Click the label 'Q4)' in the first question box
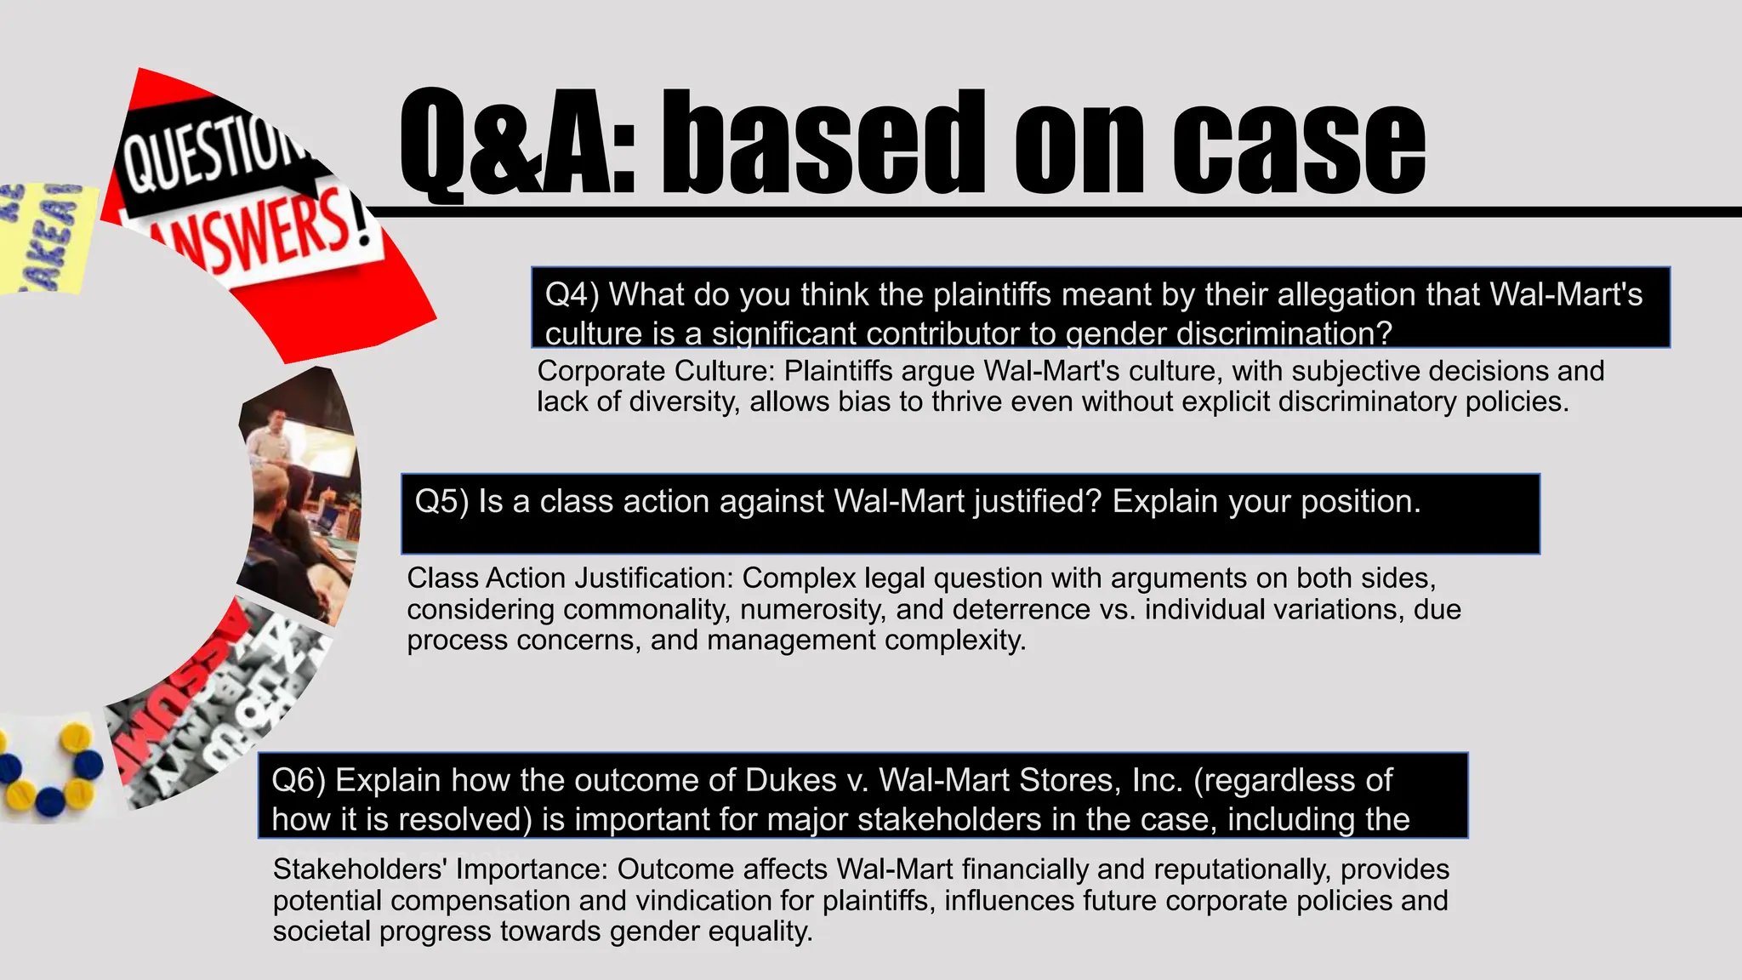(572, 294)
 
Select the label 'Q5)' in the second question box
(441, 502)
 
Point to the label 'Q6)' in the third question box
(299, 780)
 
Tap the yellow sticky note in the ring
(43, 238)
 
